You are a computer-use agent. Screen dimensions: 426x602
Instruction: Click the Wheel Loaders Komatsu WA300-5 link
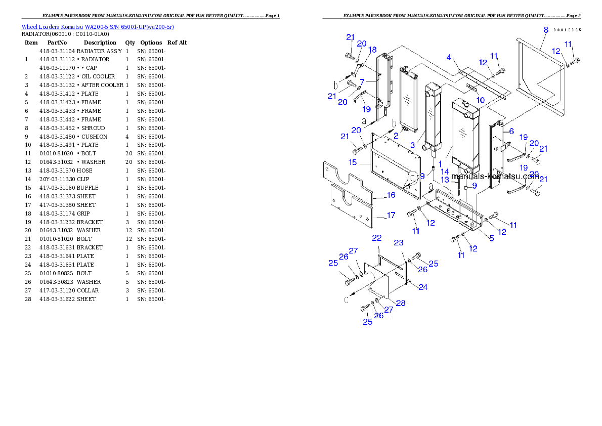coord(97,27)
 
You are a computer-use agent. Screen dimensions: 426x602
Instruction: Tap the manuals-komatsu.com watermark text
coord(495,177)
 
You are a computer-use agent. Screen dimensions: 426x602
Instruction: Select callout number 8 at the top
coord(546,30)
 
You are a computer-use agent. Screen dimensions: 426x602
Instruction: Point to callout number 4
coord(448,58)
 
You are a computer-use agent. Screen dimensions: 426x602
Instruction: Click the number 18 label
coord(372,50)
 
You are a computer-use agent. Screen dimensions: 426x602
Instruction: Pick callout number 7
coord(362,81)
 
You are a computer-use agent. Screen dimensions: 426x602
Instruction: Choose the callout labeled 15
coord(353,162)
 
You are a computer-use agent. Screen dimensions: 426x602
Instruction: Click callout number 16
coord(391,195)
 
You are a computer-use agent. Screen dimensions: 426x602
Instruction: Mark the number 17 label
coord(391,216)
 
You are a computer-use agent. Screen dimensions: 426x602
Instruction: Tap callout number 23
coord(399,243)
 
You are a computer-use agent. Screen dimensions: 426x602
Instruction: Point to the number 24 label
coord(423,287)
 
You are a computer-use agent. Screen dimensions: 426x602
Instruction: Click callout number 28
coord(401,303)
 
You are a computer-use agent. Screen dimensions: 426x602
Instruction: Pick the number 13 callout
coord(445,180)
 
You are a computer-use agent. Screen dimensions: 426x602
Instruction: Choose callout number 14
coord(445,172)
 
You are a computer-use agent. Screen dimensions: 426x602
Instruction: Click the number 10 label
coord(480,101)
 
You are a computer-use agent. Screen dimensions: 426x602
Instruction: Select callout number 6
coord(511,131)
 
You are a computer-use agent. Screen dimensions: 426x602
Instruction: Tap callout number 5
coord(491,238)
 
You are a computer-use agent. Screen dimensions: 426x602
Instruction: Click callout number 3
coord(413,145)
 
